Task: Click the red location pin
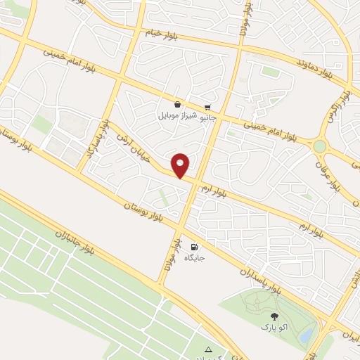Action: coord(181,165)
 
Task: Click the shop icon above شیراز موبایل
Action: coord(177,104)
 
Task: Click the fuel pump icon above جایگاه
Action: coord(193,247)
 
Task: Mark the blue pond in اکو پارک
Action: coord(307,336)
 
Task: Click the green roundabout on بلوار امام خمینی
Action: coord(320,146)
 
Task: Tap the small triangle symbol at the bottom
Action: coord(207,349)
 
